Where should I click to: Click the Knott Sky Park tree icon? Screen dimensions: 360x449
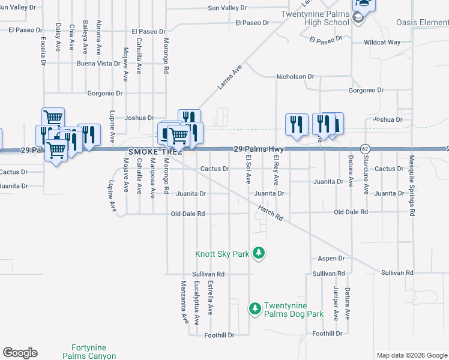pos(259,254)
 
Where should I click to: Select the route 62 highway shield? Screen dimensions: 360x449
pos(364,148)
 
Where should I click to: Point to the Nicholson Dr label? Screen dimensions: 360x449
pos(295,77)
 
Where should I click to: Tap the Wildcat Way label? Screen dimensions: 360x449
pos(382,43)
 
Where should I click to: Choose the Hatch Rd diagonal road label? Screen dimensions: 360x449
pos(270,212)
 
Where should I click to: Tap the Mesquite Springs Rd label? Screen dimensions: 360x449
pos(412,185)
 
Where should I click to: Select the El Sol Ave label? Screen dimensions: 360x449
pos(248,169)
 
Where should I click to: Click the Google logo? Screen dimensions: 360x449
pos(20,353)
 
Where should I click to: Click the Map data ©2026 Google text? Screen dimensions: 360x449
pos(412,355)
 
